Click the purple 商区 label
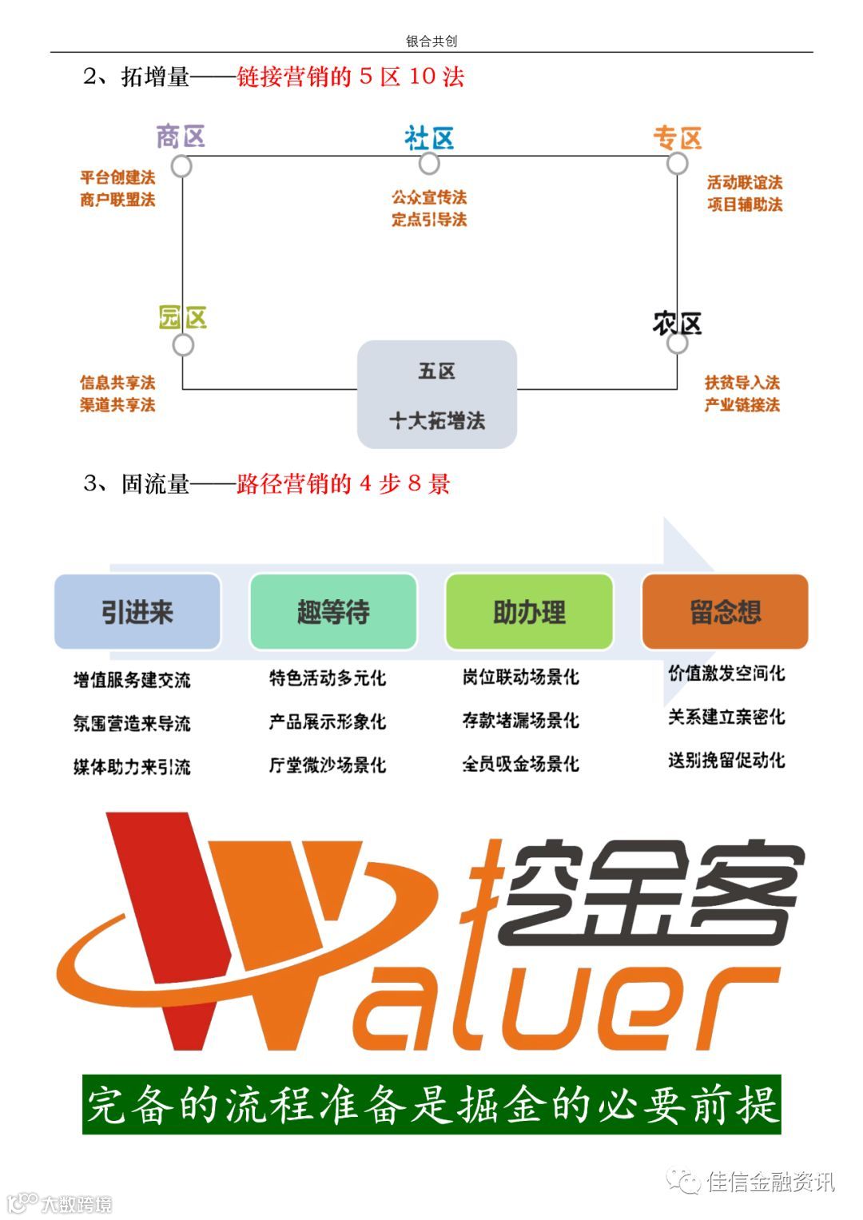(181, 137)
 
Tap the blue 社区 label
(429, 138)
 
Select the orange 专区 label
(677, 138)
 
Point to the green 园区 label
(183, 318)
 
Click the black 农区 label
(677, 324)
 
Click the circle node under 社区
(429, 164)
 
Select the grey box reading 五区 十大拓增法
(436, 395)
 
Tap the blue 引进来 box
(137, 612)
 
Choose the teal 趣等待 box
(333, 612)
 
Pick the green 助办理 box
(529, 612)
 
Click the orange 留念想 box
(725, 612)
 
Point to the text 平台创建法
(117, 177)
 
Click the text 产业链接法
(742, 405)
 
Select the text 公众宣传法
(429, 197)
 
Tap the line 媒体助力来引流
(132, 767)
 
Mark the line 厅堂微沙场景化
(328, 765)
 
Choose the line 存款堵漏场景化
(520, 721)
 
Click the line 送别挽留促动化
(726, 760)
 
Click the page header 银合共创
(431, 42)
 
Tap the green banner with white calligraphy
(431, 1105)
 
